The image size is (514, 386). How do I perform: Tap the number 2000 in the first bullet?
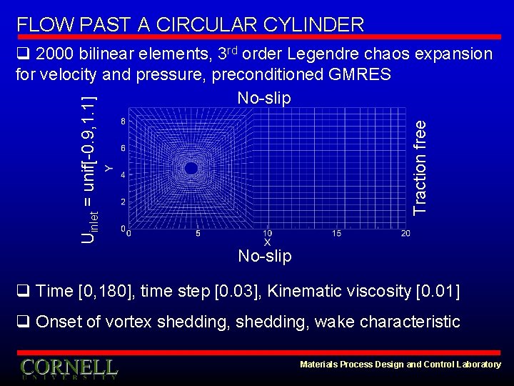55,54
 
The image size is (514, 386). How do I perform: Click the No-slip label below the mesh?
264,256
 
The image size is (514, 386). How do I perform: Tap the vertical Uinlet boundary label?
89,164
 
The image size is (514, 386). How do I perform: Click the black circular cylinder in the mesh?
191,168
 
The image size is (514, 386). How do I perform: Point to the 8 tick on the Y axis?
124,121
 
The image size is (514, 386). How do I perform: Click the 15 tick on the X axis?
336,234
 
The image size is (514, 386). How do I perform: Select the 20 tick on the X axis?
405,234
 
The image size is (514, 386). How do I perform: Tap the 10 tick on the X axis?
267,234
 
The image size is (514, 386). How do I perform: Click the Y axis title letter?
109,167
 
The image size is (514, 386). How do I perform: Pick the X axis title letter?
267,242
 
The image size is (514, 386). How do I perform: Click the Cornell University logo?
69,369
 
